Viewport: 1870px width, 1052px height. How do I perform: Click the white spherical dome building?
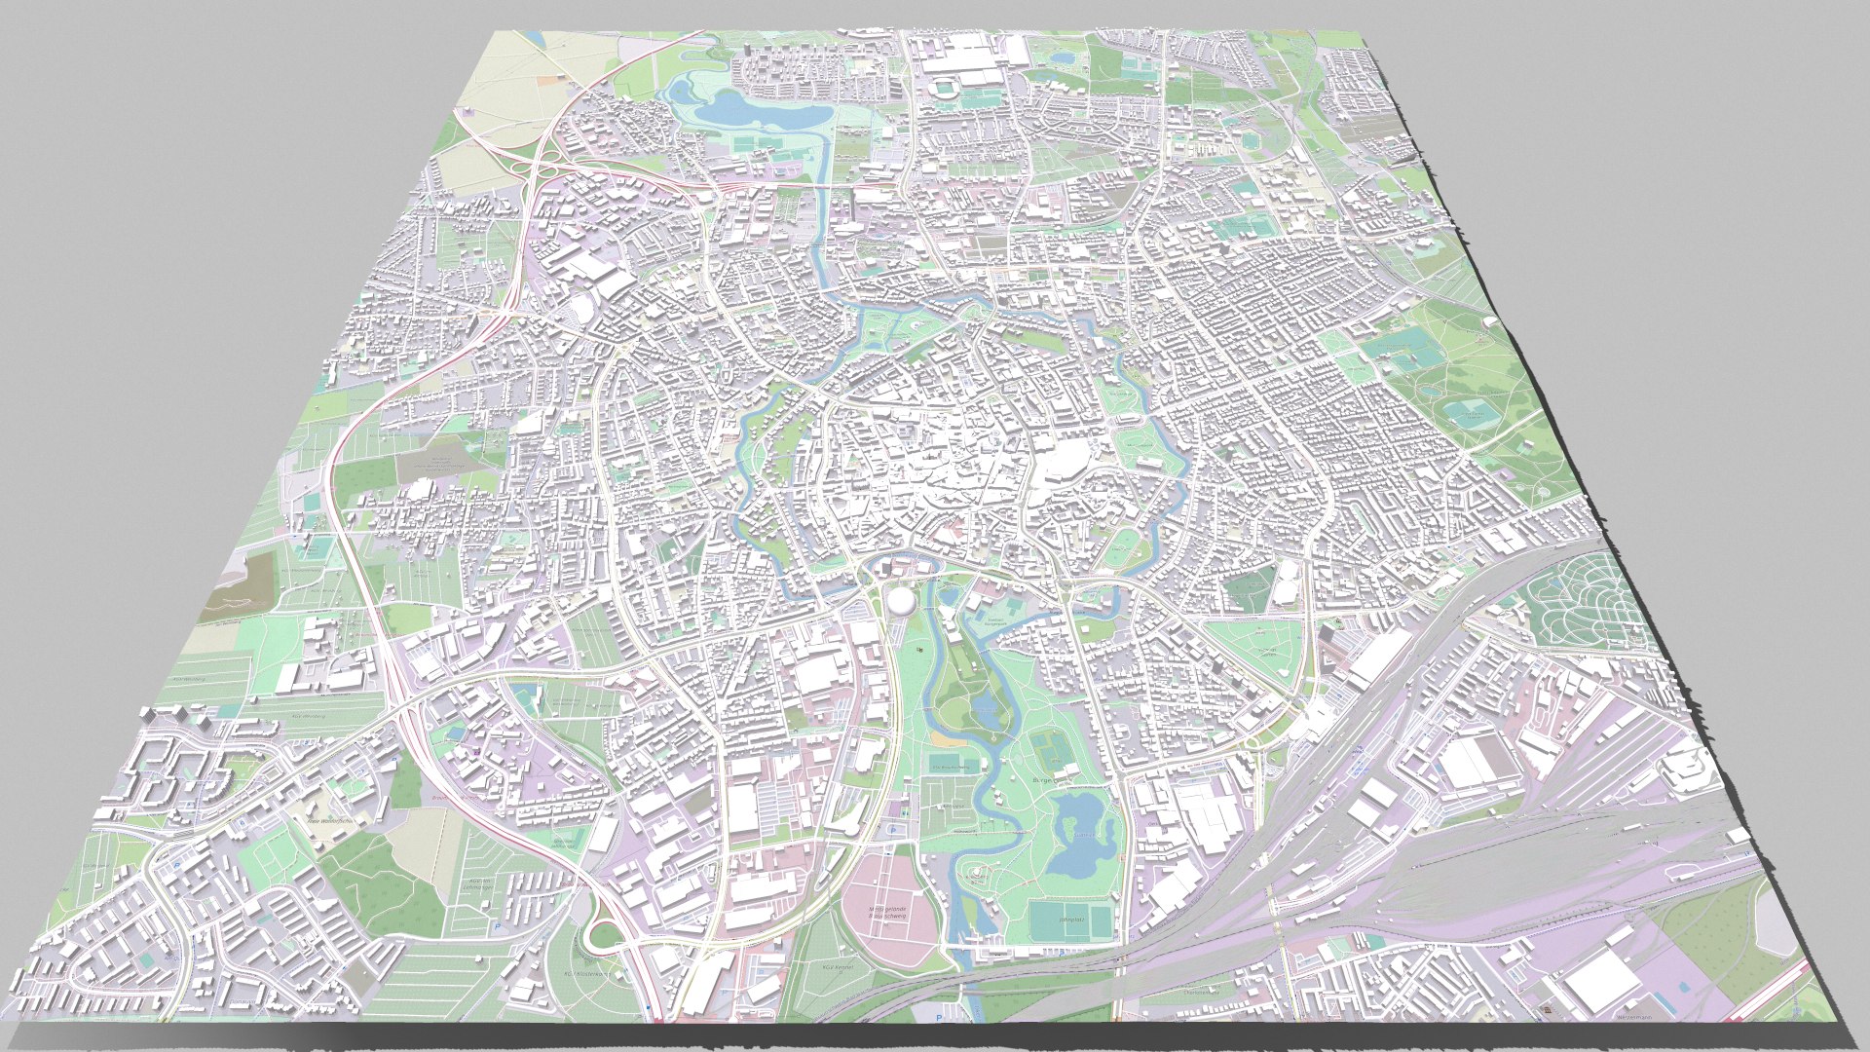901,599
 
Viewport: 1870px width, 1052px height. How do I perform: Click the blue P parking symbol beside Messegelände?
892,829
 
